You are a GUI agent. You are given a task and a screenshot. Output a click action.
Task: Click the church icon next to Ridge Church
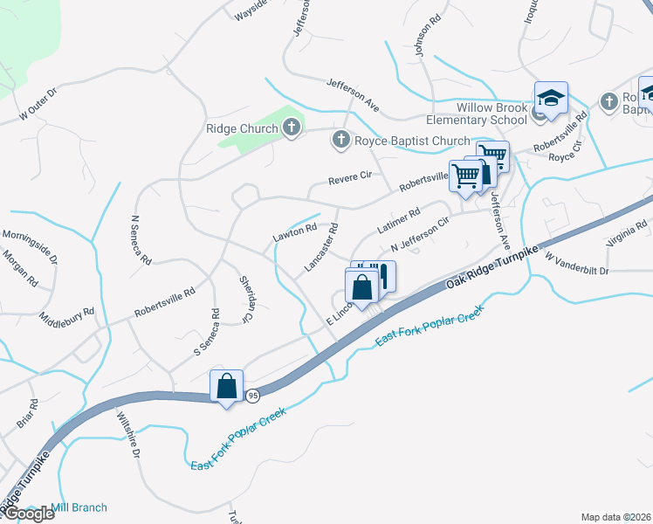coord(292,128)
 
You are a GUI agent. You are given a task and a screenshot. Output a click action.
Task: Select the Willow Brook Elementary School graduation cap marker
coord(551,99)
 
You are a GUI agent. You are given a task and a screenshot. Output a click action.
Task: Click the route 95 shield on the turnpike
coord(251,395)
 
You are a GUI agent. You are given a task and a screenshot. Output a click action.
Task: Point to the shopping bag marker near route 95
coord(226,387)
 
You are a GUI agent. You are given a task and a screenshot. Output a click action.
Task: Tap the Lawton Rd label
coord(292,231)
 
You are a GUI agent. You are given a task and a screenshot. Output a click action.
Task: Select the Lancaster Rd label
coord(320,250)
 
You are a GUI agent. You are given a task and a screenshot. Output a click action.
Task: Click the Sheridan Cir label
coord(246,299)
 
